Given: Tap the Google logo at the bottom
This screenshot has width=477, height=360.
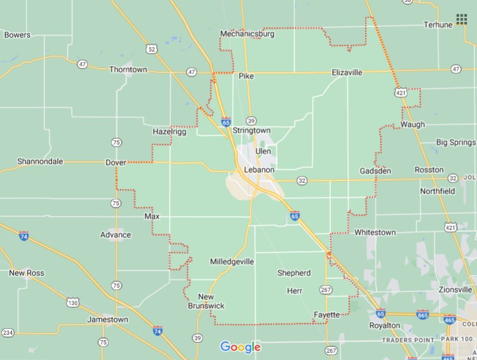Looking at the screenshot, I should click(240, 347).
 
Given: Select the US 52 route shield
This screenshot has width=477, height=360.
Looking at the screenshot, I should click(151, 49).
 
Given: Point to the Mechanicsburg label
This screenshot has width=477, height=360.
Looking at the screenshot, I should click(247, 34).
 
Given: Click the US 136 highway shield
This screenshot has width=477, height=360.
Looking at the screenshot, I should click(73, 303).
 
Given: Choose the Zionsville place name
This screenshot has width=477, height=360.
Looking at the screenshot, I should click(455, 290).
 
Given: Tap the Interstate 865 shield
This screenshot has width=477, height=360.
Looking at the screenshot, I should click(423, 314).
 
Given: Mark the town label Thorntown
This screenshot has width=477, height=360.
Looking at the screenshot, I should click(128, 70).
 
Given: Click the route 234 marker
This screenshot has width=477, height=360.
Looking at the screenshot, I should click(8, 333).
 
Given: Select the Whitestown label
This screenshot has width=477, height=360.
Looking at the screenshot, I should click(374, 232).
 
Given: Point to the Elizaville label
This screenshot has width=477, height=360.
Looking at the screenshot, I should click(347, 73).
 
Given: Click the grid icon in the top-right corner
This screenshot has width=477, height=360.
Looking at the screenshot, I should click(461, 20).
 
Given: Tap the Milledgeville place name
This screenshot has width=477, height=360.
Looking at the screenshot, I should click(232, 262).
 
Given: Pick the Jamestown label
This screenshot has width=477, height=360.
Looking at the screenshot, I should click(107, 319).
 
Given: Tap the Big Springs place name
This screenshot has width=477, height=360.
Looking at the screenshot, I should click(456, 142).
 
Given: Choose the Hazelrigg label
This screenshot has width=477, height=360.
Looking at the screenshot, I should click(169, 132).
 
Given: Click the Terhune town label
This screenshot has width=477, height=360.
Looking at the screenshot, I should click(439, 24).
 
